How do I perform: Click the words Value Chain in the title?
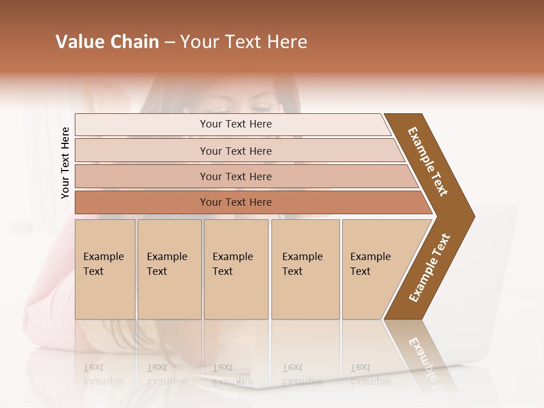(x=107, y=42)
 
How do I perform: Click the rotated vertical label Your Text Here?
(x=65, y=163)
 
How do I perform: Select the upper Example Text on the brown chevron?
(x=428, y=161)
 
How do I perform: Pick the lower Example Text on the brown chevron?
(x=430, y=267)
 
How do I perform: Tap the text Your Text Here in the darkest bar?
(x=236, y=202)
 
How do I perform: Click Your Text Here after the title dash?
(x=244, y=42)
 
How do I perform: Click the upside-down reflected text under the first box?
(x=104, y=375)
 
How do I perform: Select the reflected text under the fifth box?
(x=371, y=375)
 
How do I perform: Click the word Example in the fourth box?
(x=302, y=257)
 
